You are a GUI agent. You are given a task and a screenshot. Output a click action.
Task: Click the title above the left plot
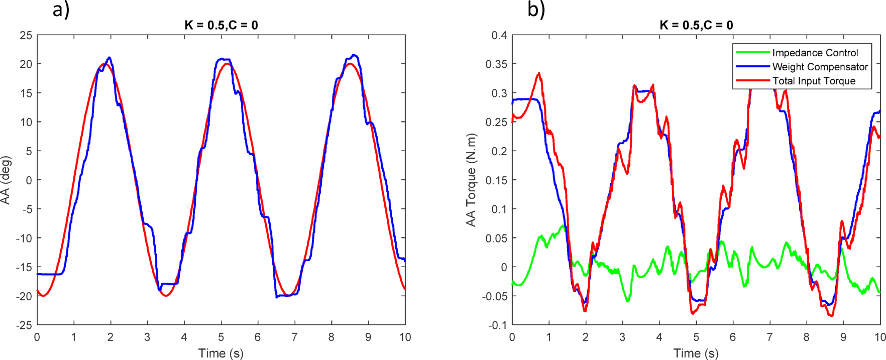point(221,25)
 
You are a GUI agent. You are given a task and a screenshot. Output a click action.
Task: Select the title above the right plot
point(696,25)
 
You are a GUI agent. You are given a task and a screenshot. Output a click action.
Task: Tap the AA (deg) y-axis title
point(6,180)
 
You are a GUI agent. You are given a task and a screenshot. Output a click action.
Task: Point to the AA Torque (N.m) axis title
point(471,180)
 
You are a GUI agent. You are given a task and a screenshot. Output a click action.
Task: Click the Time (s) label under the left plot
point(221,353)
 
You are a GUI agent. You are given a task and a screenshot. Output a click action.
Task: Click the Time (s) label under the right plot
point(696,353)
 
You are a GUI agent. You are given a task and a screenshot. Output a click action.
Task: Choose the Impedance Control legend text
point(815,53)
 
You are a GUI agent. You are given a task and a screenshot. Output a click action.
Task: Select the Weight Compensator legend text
point(820,67)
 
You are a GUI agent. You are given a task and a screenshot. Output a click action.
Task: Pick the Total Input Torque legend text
point(814,81)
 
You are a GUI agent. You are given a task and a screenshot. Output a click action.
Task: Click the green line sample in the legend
point(752,53)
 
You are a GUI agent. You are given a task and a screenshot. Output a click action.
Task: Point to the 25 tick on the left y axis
point(26,35)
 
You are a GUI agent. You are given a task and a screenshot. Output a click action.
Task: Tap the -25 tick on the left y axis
point(24,325)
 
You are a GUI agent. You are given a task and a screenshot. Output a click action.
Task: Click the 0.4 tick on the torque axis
point(499,35)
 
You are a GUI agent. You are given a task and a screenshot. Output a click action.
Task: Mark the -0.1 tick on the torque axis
point(497,325)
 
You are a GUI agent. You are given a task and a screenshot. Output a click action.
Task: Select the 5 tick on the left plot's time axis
point(221,337)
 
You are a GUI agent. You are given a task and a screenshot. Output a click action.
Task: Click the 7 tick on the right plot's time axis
point(769,337)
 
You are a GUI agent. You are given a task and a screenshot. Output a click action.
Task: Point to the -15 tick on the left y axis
point(24,267)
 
